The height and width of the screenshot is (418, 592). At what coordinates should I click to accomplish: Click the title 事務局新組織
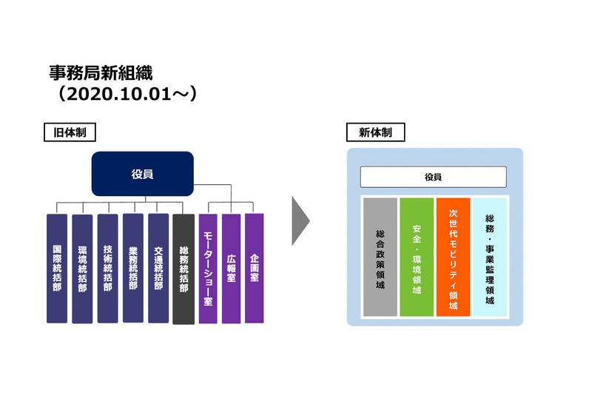click(x=101, y=73)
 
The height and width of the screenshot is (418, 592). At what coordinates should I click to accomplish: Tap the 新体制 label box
click(x=375, y=132)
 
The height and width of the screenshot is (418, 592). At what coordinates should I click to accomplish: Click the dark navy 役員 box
click(x=142, y=175)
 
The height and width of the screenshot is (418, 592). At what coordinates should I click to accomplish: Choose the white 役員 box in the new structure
click(x=433, y=177)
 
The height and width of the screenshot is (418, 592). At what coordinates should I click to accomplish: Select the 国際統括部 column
click(x=57, y=268)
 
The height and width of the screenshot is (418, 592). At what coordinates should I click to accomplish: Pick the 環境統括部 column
click(x=82, y=268)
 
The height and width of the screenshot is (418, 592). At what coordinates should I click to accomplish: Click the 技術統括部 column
click(x=107, y=268)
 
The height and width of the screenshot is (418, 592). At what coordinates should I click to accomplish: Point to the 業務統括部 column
click(x=133, y=268)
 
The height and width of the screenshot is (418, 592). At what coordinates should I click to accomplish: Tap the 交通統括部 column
click(x=158, y=268)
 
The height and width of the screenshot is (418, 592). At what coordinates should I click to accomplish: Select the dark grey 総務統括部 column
click(x=184, y=268)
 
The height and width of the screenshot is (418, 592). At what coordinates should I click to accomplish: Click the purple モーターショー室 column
click(x=208, y=268)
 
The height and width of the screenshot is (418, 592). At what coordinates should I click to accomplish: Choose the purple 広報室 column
click(x=232, y=268)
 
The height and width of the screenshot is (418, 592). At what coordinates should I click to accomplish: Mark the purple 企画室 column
click(x=255, y=268)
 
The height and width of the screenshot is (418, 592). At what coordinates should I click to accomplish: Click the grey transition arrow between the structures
click(x=298, y=220)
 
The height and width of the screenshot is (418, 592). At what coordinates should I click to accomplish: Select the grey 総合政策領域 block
click(x=380, y=257)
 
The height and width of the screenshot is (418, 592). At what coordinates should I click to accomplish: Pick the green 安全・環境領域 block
click(x=417, y=257)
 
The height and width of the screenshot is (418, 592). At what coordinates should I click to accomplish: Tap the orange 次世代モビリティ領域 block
click(x=453, y=257)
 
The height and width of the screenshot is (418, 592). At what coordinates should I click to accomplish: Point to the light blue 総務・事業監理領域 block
click(x=489, y=257)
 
